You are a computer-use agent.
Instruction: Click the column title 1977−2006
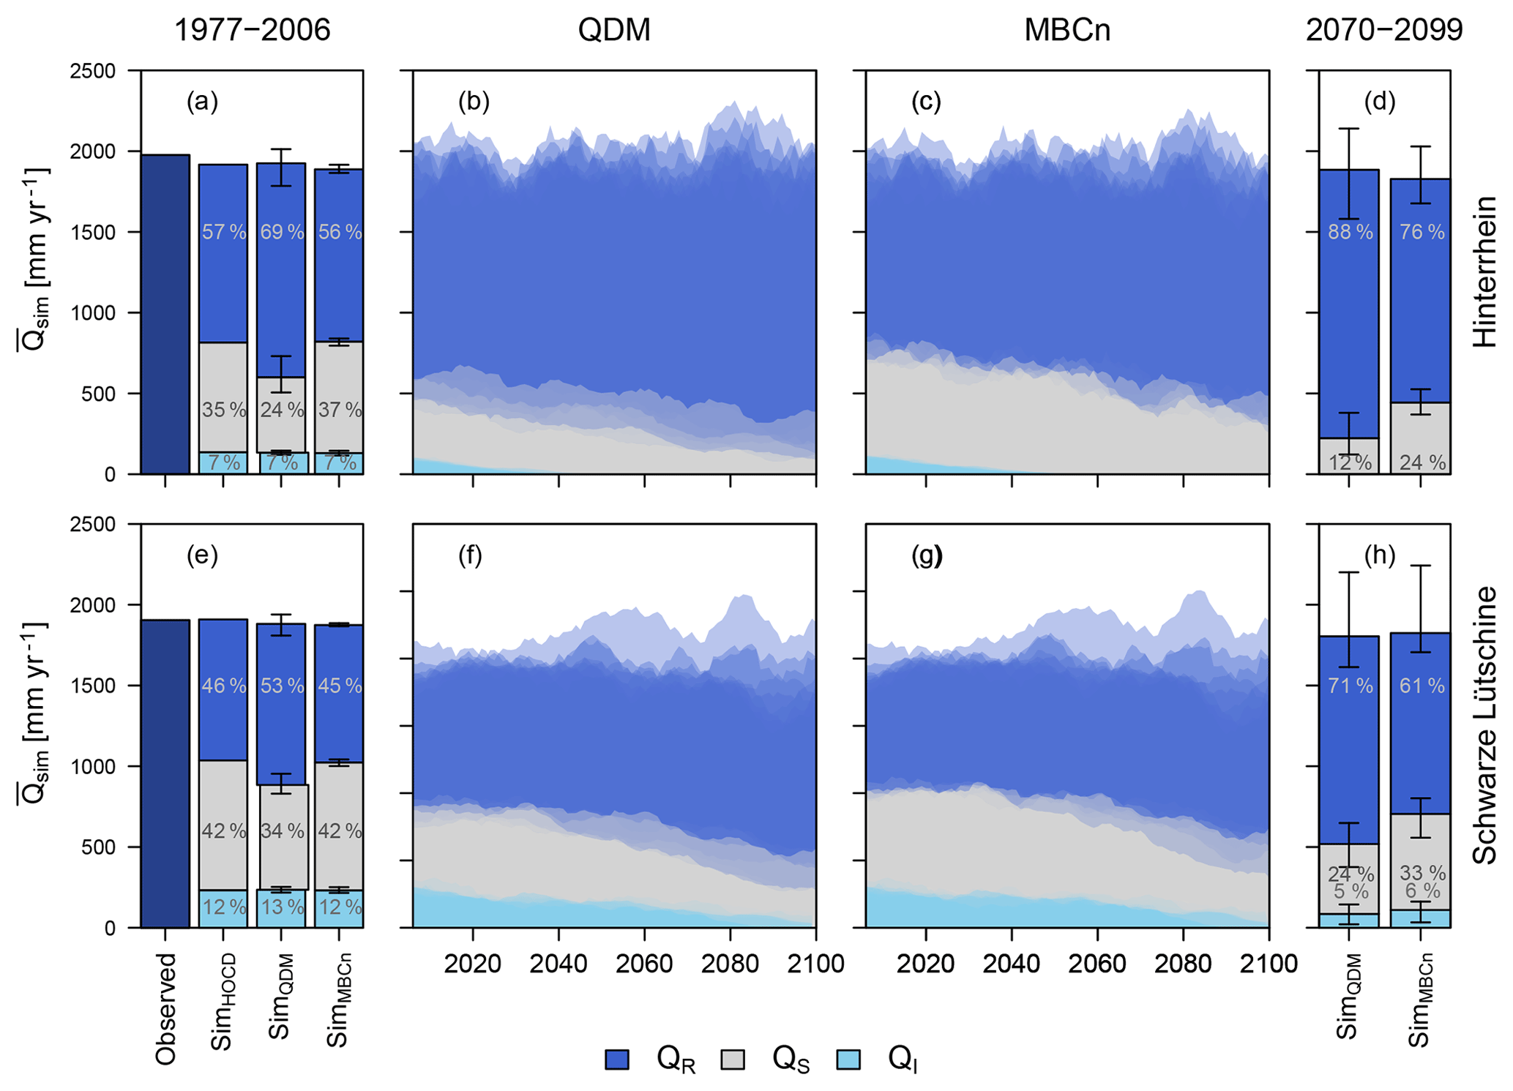point(252,31)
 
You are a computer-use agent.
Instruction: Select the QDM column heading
point(613,31)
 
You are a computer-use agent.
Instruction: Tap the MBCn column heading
point(1066,31)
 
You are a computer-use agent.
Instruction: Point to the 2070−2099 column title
point(1384,31)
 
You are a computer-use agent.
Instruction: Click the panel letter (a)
point(202,102)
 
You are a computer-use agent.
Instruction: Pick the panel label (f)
point(470,556)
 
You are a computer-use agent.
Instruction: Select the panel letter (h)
point(1380,556)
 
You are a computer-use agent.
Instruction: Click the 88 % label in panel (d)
point(1351,233)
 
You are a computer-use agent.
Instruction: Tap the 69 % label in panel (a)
point(282,233)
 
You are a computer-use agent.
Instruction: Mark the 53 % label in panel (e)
point(282,686)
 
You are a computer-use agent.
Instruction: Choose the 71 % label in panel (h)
point(1351,686)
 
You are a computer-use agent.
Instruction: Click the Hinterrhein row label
point(1485,271)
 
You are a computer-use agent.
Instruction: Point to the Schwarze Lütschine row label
point(1485,724)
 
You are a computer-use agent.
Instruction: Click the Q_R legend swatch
point(617,1060)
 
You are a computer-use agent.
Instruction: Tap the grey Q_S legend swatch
point(733,1060)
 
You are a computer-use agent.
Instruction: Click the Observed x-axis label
point(166,1008)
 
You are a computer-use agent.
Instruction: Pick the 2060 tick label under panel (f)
point(644,964)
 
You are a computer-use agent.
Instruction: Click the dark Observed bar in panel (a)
point(165,315)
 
